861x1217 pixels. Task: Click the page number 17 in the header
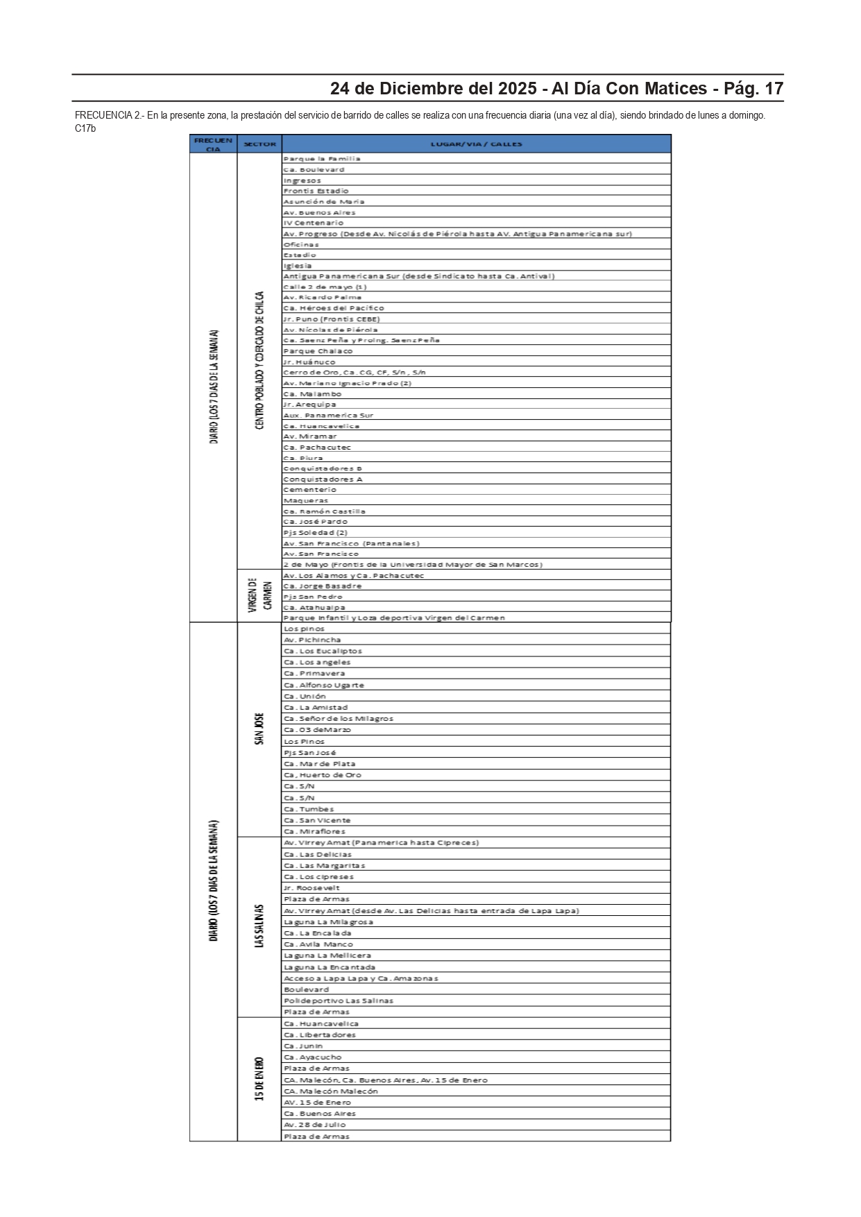[x=773, y=89]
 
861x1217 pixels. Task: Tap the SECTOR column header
[x=259, y=144]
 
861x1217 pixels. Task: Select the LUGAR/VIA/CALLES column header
[x=476, y=144]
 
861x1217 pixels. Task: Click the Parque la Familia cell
[x=322, y=159]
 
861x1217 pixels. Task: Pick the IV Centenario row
[x=313, y=223]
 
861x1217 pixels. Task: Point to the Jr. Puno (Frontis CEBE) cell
[x=331, y=319]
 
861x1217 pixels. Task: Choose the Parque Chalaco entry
[x=318, y=351]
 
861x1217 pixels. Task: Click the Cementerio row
[x=309, y=490]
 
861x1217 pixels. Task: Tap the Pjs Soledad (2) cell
[x=315, y=533]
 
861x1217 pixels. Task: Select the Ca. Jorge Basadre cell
[x=322, y=586]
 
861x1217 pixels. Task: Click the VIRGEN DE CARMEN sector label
[x=259, y=595]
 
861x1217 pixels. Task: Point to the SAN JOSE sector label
[x=259, y=729]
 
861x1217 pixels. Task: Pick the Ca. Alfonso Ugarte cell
[x=323, y=685]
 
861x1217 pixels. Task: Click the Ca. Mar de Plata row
[x=319, y=764]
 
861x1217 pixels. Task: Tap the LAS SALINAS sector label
[x=259, y=926]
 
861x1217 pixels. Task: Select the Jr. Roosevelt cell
[x=312, y=888]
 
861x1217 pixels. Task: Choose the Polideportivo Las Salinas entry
[x=338, y=1001]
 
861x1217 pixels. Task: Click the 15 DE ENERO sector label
[x=259, y=1078]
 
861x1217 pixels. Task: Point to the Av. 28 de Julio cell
[x=314, y=1125]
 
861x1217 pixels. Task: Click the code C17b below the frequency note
[x=85, y=128]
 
